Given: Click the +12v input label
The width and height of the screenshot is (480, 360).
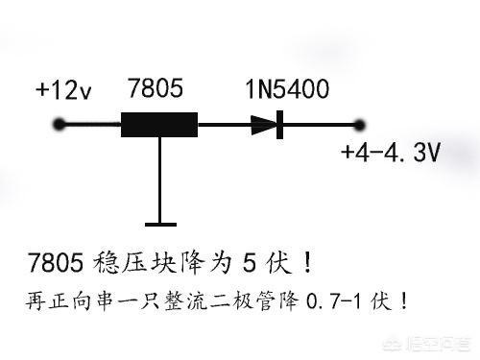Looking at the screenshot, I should [64, 90].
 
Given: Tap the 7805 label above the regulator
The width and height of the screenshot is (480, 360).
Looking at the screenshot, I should [157, 90].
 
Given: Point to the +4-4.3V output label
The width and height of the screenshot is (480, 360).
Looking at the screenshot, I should [390, 153].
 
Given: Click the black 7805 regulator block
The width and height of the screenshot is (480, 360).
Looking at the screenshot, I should [158, 125].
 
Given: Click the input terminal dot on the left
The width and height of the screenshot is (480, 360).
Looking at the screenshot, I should [61, 125].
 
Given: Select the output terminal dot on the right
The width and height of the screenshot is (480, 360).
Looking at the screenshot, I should [361, 125].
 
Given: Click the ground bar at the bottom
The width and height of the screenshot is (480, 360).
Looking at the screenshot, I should [156, 219].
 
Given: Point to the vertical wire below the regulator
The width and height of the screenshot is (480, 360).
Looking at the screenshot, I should [156, 178].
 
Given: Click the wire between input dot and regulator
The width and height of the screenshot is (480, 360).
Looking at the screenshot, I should [92, 125].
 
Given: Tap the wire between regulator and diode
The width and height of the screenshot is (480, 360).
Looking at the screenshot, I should [223, 125].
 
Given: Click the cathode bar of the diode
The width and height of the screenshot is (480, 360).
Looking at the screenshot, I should [278, 125].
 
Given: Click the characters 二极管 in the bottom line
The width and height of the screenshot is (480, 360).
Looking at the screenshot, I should [228, 300].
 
